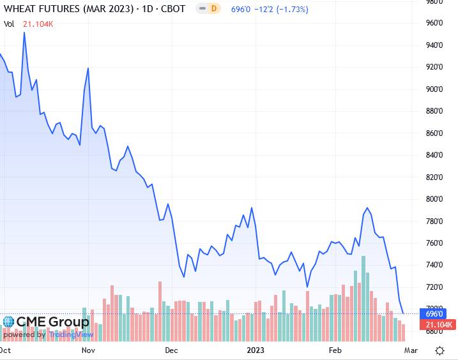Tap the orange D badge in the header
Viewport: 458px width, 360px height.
tap(213, 10)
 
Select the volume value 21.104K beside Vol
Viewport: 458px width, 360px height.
tap(38, 24)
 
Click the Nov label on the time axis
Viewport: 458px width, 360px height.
tap(88, 350)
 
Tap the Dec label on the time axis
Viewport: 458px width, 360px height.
tap(171, 350)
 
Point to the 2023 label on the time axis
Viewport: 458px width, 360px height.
tap(256, 350)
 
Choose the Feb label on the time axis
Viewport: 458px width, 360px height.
tap(335, 350)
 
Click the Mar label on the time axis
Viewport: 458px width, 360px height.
tap(412, 350)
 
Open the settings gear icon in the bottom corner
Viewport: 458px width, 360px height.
tap(439, 350)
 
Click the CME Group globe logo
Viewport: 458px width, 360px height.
tap(8, 322)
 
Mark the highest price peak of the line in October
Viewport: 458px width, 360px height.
tap(24, 33)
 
